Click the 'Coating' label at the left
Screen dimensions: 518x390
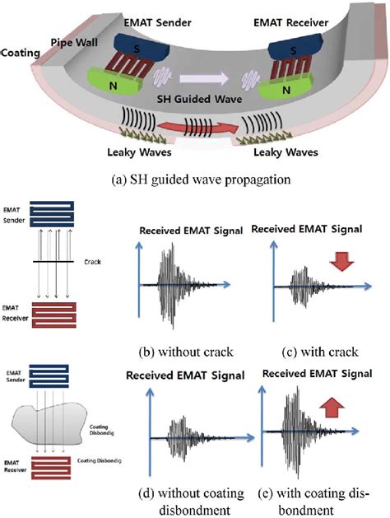tap(19, 51)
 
